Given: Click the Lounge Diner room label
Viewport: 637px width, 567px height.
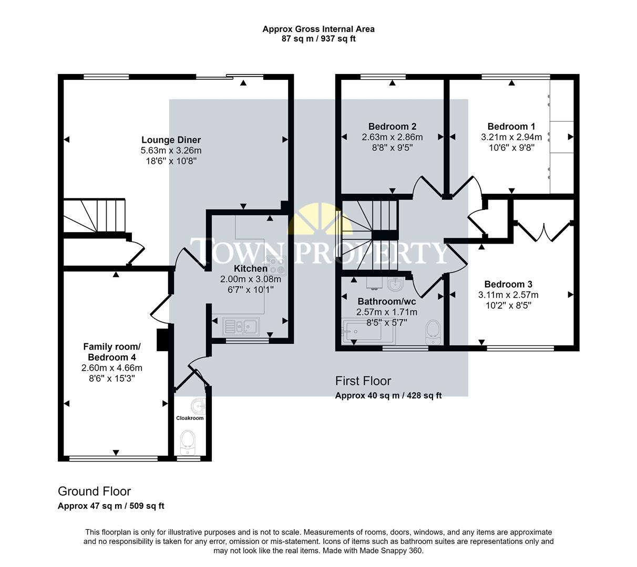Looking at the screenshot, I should [171, 140].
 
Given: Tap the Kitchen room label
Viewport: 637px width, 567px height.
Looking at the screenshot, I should [250, 268].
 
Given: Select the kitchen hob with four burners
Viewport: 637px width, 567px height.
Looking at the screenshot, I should [276, 265].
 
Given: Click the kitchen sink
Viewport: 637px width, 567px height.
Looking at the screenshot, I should [241, 327].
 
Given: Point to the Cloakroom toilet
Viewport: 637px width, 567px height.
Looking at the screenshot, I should [188, 442].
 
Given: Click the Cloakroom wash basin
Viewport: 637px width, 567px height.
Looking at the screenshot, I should [198, 406].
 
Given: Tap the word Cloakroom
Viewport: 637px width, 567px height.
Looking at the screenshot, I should [189, 418].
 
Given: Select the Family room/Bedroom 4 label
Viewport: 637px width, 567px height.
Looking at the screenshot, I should [112, 352].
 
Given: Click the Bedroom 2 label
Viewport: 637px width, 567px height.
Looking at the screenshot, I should [392, 127].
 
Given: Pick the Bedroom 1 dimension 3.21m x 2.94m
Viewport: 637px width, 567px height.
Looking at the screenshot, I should [511, 137].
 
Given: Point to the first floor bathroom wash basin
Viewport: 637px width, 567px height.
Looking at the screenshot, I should [395, 284].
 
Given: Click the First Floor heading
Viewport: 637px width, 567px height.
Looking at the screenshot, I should [363, 381].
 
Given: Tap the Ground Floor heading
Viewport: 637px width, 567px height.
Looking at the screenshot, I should [94, 491].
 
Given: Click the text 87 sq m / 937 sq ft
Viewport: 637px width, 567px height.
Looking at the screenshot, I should [318, 39].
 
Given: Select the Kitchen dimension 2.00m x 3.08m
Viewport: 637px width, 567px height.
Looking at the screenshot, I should [250, 279].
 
